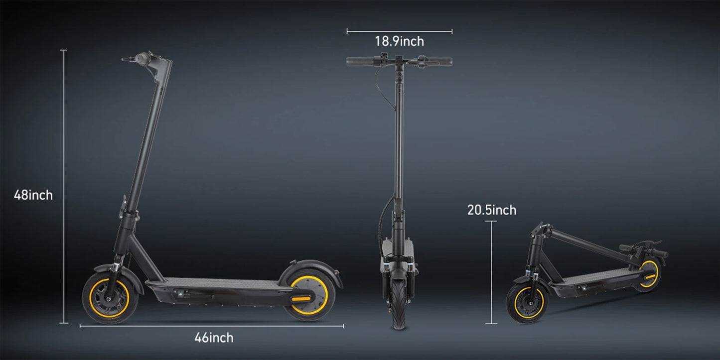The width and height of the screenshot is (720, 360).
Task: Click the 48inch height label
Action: [33, 195]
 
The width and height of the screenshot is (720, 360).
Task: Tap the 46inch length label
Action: [214, 338]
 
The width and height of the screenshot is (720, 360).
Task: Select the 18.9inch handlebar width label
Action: [399, 41]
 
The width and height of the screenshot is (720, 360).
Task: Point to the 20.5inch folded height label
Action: [492, 210]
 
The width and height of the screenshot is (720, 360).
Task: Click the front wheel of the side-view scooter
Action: [110, 298]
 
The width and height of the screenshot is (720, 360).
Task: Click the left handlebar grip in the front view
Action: [360, 61]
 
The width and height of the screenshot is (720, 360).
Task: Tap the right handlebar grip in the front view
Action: [439, 61]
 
